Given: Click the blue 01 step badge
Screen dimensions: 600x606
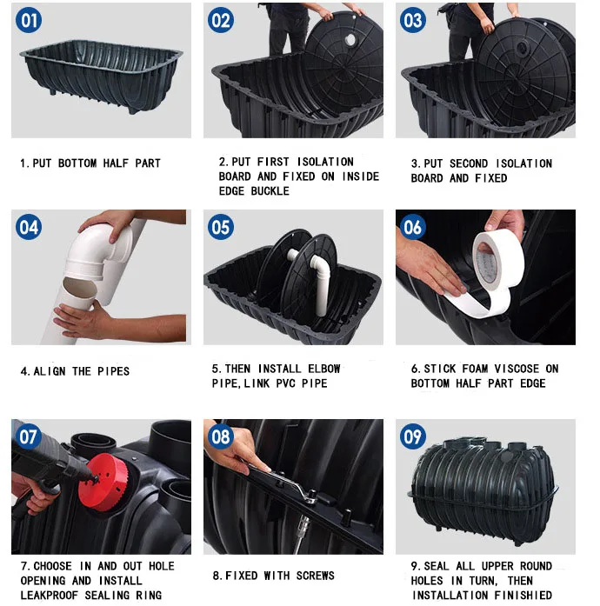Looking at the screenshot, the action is tap(29, 20).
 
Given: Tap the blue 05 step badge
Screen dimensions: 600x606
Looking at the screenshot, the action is tap(221, 227).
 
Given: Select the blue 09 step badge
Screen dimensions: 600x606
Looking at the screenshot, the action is tap(413, 436).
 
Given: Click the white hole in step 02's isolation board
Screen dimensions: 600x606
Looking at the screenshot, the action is tap(350, 39).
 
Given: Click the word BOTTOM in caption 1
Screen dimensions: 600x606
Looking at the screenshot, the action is tap(77, 163).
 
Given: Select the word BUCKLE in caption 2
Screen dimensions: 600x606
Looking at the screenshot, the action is tap(270, 191).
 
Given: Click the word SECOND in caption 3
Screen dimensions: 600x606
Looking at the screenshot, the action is tap(469, 163).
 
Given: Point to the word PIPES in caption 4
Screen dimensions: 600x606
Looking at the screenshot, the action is tap(113, 371).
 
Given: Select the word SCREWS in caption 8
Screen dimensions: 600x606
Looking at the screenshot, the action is tap(316, 576).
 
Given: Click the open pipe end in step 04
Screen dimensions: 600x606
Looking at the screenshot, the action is tap(79, 288).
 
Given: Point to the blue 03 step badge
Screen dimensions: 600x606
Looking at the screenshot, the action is tap(413, 20).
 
